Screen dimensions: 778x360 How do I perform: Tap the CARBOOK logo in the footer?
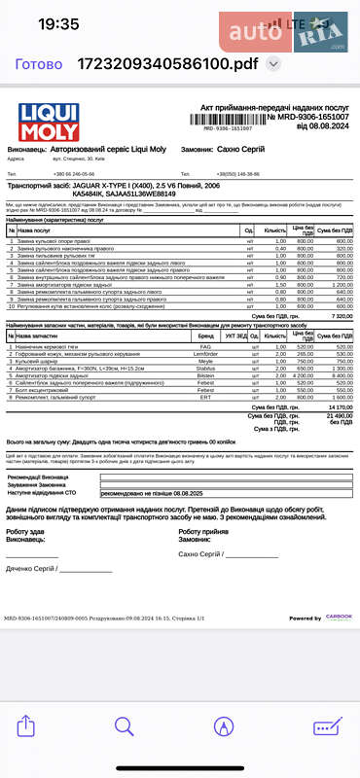pyautogui.click(x=338, y=618)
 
